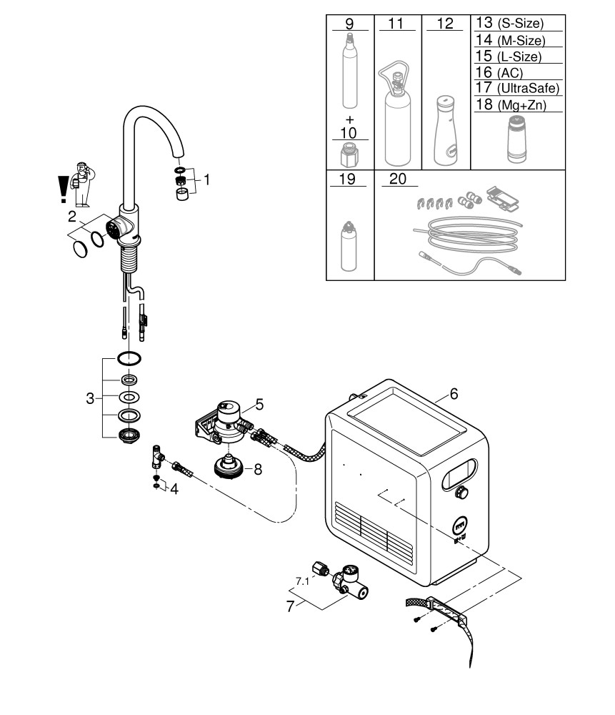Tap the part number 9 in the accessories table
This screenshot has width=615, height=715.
[349, 24]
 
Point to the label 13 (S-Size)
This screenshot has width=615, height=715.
[509, 24]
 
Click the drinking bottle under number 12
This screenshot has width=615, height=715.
[444, 129]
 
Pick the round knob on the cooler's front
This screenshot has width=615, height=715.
[462, 493]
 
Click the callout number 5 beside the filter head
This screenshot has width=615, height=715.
[260, 405]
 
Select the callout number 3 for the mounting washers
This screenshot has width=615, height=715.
[90, 399]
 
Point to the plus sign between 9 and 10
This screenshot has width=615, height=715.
[349, 118]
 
